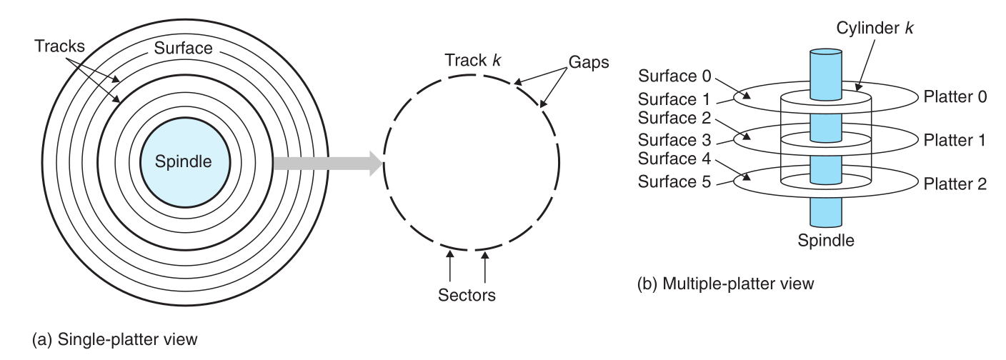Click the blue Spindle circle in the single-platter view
(185, 162)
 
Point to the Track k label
(472, 60)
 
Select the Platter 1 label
(955, 140)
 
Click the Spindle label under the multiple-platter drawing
(826, 240)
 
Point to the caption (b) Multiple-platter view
(725, 284)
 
